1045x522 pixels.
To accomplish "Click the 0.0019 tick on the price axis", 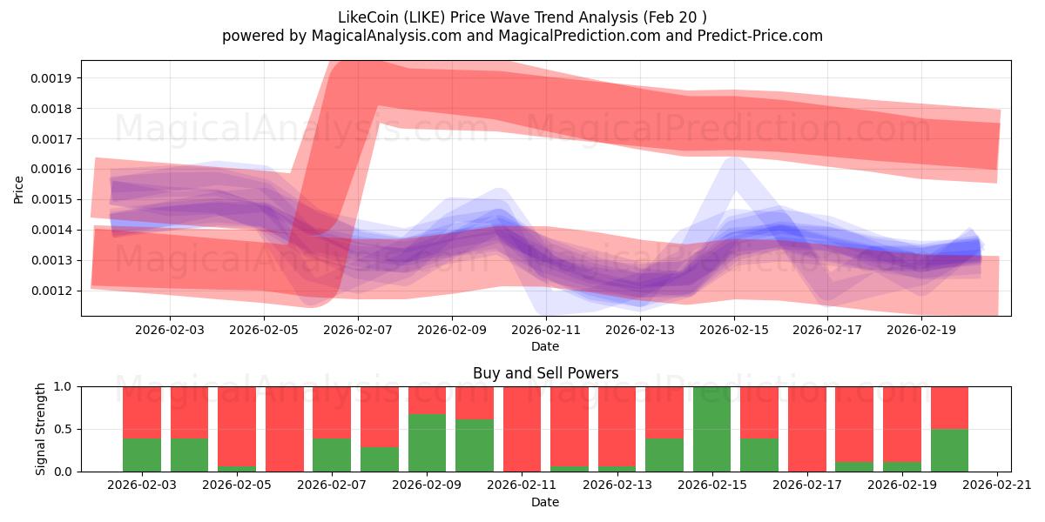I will tap(53, 78).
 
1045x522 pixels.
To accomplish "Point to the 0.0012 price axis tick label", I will tap(53, 291).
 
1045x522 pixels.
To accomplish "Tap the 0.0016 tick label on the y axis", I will tap(53, 169).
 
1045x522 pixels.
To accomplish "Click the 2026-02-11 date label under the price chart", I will tap(545, 331).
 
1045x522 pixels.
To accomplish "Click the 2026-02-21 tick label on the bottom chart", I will tap(995, 485).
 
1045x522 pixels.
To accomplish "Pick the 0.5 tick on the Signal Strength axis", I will tap(64, 429).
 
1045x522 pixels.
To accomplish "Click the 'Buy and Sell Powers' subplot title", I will tap(545, 373).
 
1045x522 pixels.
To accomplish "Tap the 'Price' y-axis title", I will tap(19, 189).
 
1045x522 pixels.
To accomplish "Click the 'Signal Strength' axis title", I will tap(41, 428).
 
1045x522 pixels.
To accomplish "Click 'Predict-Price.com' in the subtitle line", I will tap(762, 36).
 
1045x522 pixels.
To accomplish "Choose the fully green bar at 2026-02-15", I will tap(711, 429).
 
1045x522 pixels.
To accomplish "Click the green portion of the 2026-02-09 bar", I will tap(427, 443).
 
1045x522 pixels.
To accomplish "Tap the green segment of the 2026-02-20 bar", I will tap(949, 450).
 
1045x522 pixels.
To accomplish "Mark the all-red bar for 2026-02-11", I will tap(522, 429).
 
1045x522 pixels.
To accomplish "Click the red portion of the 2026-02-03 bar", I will tap(142, 412).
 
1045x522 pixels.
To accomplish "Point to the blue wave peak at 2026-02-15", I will tap(733, 162).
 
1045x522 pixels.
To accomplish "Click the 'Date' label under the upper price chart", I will tap(545, 346).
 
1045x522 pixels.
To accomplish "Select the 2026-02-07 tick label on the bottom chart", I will tap(332, 485).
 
